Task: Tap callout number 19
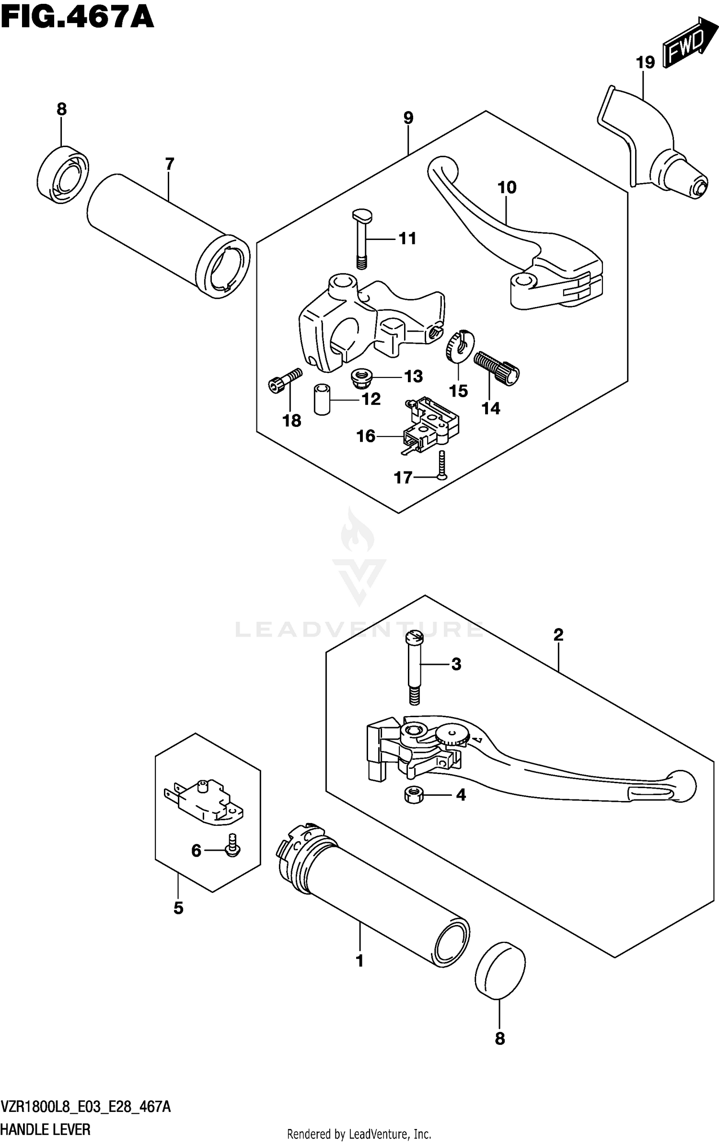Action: coord(645,62)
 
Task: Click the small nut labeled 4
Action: coord(414,795)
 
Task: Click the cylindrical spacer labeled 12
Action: coord(322,399)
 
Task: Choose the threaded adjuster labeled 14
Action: coord(496,366)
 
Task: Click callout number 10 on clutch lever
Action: coord(507,187)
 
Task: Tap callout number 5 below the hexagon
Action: coord(178,907)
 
